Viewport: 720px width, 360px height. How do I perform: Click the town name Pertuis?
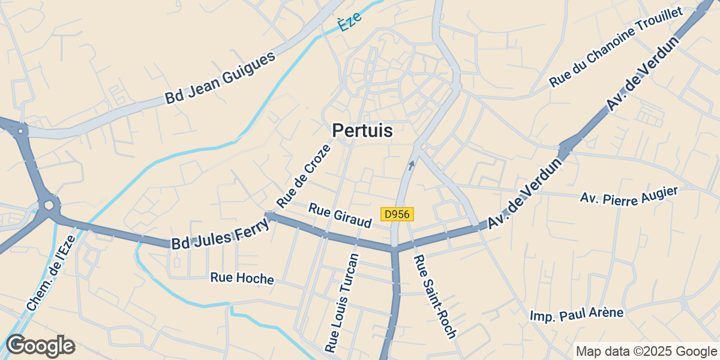(x=362, y=130)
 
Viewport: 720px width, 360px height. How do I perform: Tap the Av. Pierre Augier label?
(x=629, y=196)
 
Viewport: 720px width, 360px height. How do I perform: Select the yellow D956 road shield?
(x=397, y=214)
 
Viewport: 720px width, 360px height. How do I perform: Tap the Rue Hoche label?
(x=242, y=278)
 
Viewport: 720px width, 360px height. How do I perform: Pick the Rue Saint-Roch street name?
(x=436, y=296)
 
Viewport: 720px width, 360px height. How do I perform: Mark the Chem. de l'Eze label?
(x=51, y=272)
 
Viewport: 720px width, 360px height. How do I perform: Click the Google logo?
(x=40, y=346)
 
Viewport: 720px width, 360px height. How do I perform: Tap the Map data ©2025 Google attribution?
(x=646, y=351)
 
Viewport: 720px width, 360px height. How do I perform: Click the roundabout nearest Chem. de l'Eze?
(x=48, y=206)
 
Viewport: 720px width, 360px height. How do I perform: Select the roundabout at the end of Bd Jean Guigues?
(x=21, y=130)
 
